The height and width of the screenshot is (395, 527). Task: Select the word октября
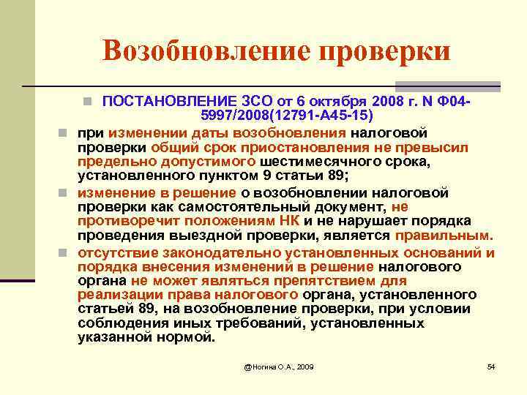point(326,101)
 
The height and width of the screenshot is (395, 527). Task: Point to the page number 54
point(491,365)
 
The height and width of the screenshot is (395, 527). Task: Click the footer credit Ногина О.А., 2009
point(279,365)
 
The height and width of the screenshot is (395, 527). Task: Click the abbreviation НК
point(288,222)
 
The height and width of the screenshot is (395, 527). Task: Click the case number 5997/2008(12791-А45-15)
point(287,116)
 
